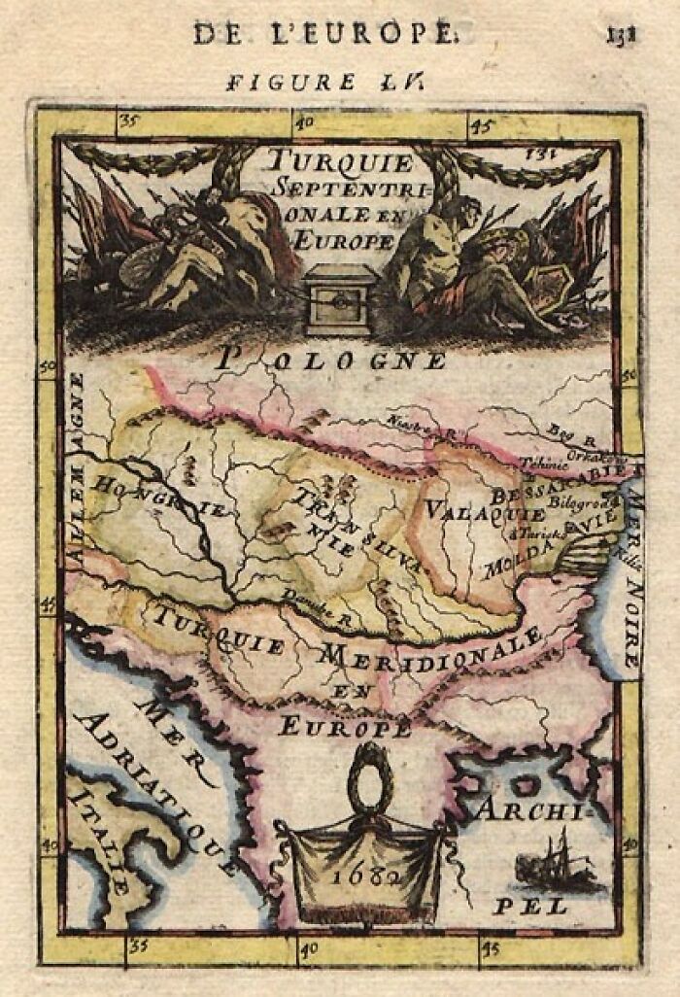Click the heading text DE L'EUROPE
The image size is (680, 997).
pyautogui.click(x=323, y=33)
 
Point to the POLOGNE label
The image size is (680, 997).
pyautogui.click(x=330, y=361)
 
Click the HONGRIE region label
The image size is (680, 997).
pyautogui.click(x=161, y=497)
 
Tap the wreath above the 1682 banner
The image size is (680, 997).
pyautogui.click(x=368, y=777)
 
